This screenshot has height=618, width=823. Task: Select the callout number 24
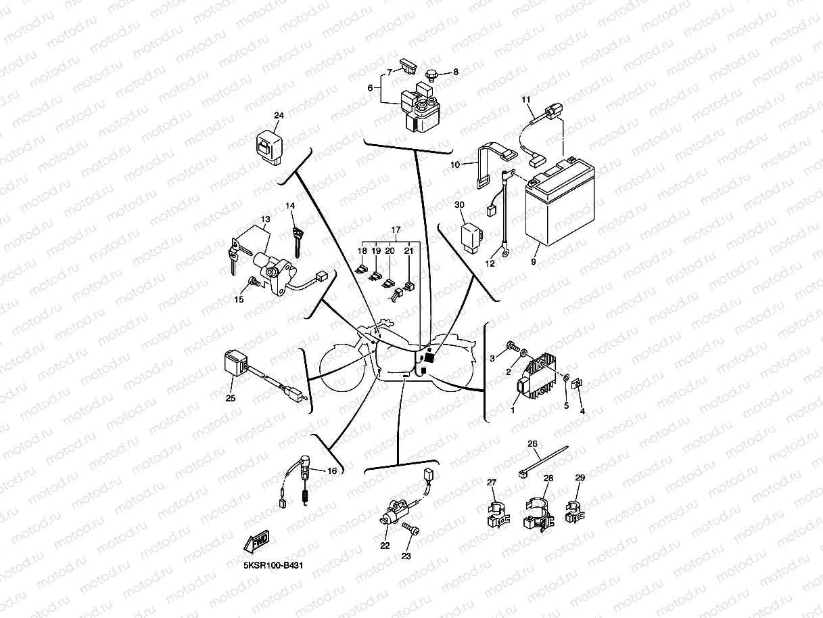(x=279, y=116)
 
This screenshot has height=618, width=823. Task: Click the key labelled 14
(x=296, y=240)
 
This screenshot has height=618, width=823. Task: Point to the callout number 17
(x=396, y=229)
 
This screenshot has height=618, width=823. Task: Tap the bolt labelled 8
(x=430, y=72)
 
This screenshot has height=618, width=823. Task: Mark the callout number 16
(x=332, y=471)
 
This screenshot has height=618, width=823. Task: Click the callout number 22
(x=384, y=546)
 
